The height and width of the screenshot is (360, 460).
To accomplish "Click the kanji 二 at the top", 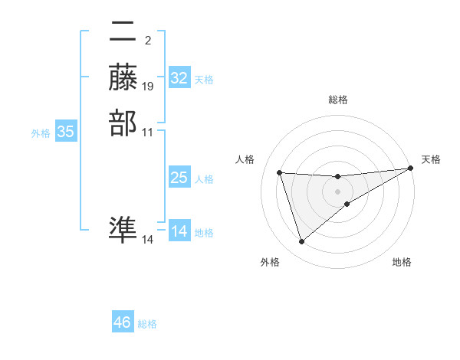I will point(123,32).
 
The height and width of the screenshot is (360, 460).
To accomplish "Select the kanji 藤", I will point(123,77).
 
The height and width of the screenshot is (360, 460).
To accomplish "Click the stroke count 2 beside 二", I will point(147,41).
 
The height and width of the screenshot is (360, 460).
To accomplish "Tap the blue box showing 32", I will point(179,78).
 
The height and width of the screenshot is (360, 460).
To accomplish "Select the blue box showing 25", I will point(179,178).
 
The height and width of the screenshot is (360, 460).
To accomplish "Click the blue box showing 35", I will point(66,132).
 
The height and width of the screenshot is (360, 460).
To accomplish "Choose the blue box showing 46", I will point(123,322).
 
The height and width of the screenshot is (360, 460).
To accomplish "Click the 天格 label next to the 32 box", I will point(204,80).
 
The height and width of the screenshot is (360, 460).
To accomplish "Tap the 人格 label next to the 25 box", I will point(204,179).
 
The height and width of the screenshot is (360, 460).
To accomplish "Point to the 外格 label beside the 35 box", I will point(41,133).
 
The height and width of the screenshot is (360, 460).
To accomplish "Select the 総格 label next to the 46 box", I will point(147,324).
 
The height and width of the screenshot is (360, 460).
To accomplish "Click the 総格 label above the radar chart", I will point(338,100).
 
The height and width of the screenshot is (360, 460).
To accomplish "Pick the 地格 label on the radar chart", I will point(402,263).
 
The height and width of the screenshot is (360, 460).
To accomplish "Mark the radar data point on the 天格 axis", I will point(412,169).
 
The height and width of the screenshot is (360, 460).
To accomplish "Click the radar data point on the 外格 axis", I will point(301,242).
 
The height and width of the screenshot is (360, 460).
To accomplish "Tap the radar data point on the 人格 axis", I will point(280,172).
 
